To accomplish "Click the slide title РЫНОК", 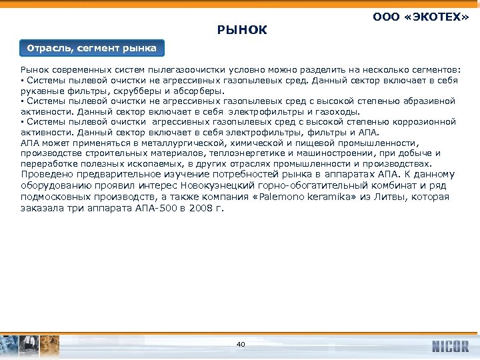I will (242, 29).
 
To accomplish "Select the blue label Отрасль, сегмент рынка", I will (92, 48).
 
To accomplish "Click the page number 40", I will (241, 344).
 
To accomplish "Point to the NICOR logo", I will (450, 346).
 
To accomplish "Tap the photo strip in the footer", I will (30, 346).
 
